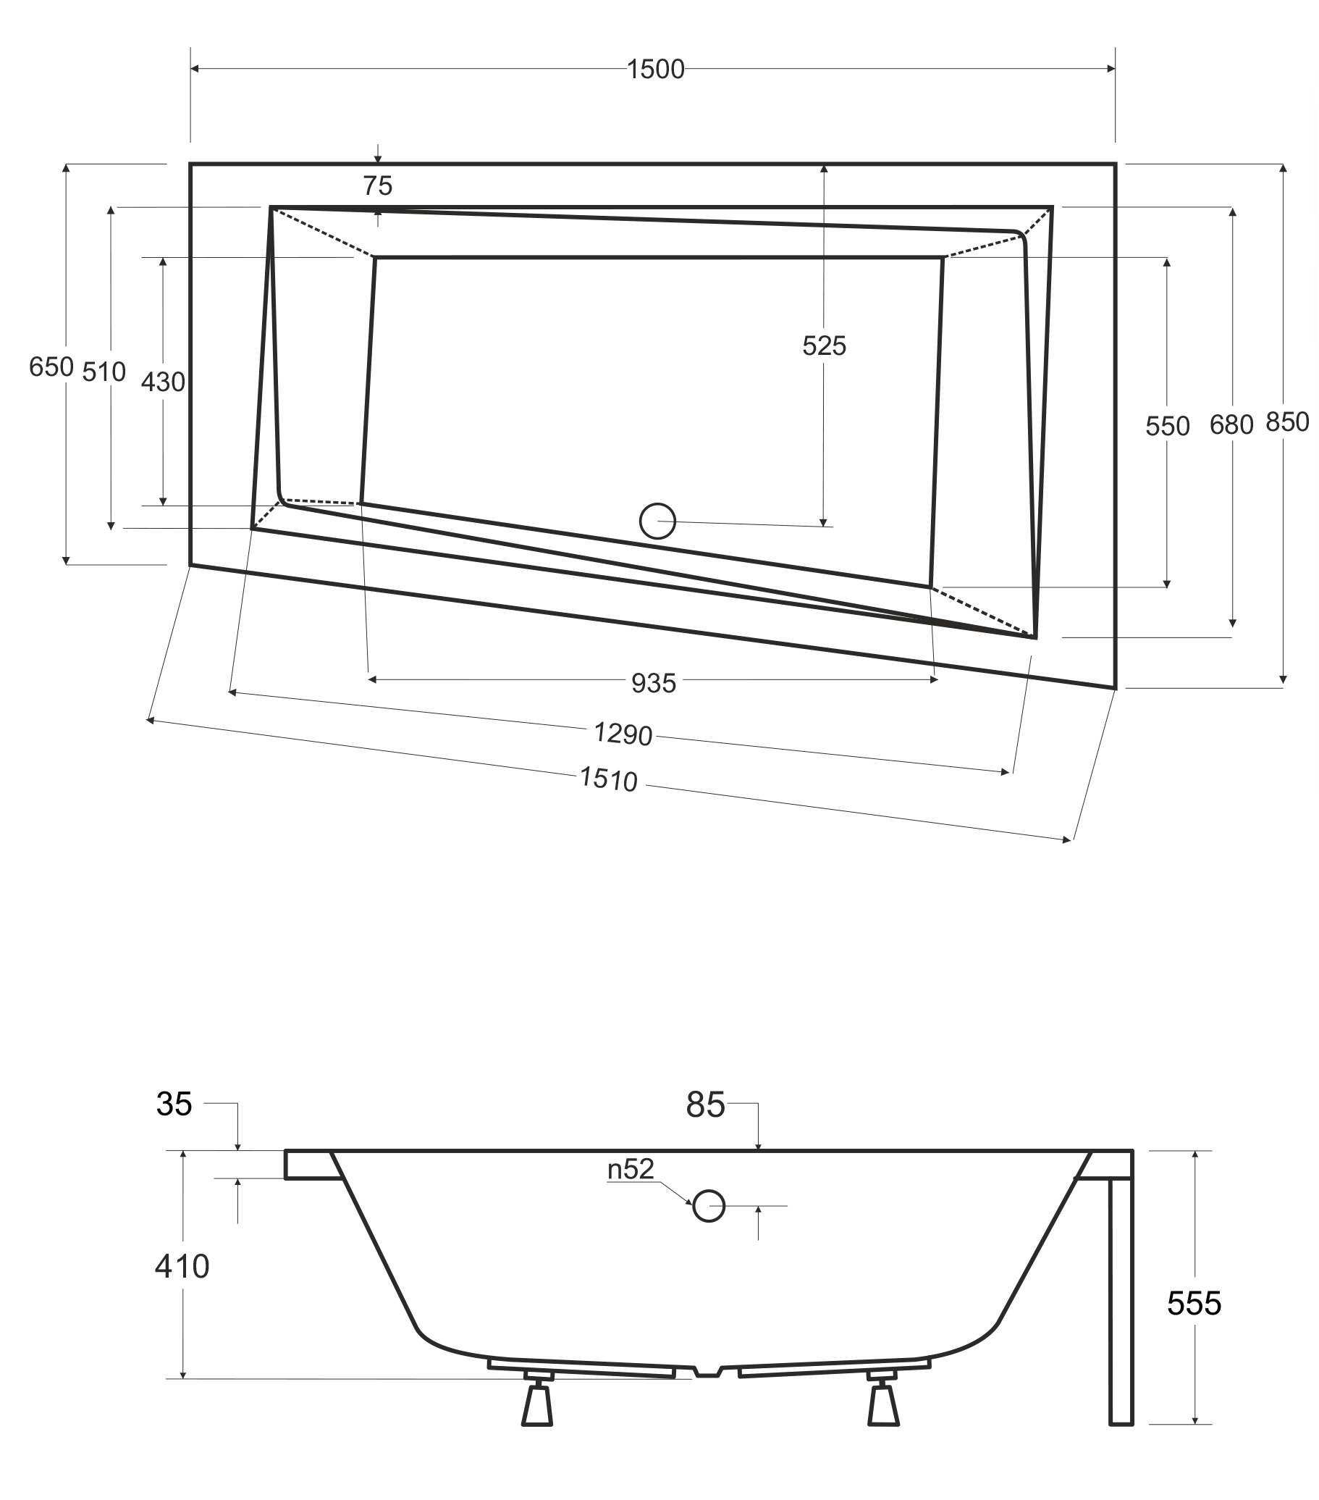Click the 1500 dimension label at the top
(655, 69)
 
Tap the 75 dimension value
(378, 185)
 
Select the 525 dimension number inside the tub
(824, 345)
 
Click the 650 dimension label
(51, 367)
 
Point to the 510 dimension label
(104, 372)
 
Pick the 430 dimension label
(163, 382)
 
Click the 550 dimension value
(1167, 426)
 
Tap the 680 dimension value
(1231, 424)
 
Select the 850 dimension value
(1287, 422)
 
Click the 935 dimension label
(654, 683)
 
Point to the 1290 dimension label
(623, 733)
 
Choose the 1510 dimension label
(608, 779)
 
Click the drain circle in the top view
(657, 521)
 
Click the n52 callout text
(630, 1169)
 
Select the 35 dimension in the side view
(174, 1104)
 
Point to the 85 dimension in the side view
(705, 1105)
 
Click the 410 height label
(182, 1266)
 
